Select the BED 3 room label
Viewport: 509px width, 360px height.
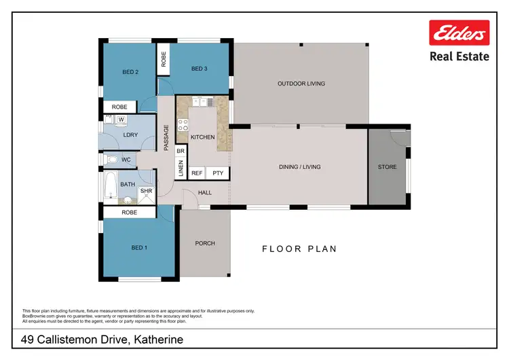[x=198, y=68]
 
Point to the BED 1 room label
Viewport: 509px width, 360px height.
[x=138, y=248]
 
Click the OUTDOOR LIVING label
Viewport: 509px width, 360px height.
[x=301, y=84]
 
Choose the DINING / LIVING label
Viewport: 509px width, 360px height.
[x=299, y=166]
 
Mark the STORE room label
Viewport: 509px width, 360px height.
[x=388, y=166]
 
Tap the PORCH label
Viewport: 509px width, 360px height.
[x=204, y=243]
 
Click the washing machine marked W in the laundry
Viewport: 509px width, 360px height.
[x=121, y=120]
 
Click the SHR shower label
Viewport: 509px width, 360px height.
[x=147, y=192]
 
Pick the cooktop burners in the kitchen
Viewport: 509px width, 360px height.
[x=183, y=124]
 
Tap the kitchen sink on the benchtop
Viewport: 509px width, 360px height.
[x=200, y=102]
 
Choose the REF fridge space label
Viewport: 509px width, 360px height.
[x=197, y=174]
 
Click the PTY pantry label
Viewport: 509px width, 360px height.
[x=218, y=174]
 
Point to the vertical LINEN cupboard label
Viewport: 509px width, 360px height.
[x=181, y=169]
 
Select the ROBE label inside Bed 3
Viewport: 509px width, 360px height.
[x=164, y=59]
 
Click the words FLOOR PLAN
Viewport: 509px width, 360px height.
[x=299, y=249]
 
